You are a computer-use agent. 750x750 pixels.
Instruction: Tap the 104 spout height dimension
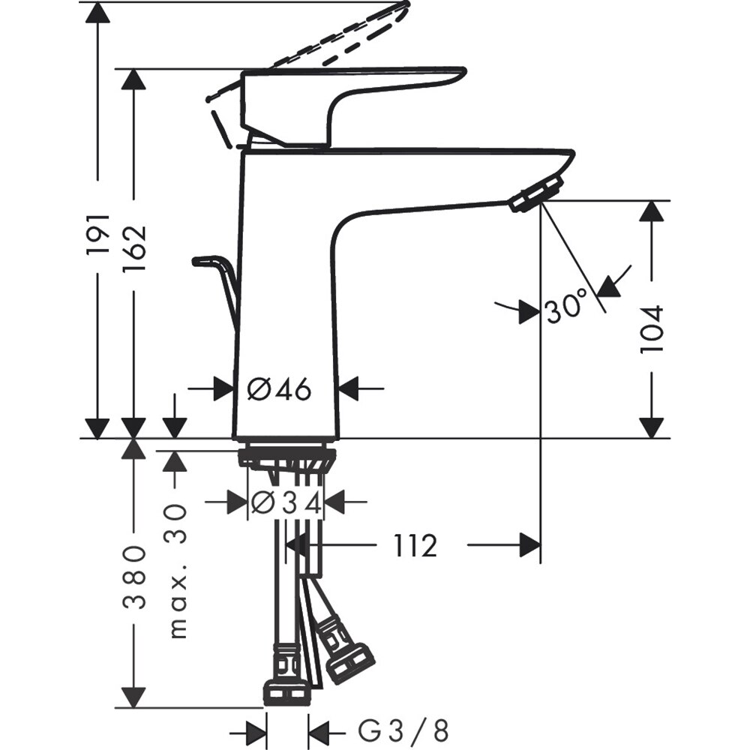652,328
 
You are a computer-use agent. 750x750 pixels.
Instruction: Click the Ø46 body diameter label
279,388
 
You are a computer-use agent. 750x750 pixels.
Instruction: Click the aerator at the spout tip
535,192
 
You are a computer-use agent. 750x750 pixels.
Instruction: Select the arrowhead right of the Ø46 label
351,388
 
